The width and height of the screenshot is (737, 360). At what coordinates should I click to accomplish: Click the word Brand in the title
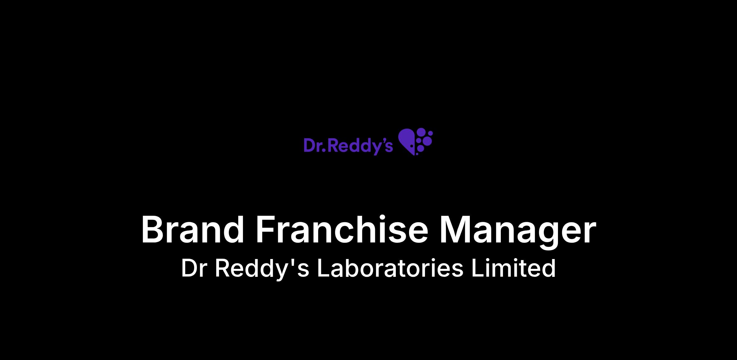pyautogui.click(x=193, y=230)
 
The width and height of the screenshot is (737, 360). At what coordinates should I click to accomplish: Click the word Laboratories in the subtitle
pyautogui.click(x=390, y=268)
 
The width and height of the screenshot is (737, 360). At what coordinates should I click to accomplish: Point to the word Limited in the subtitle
pyautogui.click(x=514, y=268)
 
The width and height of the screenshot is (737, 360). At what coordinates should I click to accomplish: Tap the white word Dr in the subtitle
pyautogui.click(x=193, y=268)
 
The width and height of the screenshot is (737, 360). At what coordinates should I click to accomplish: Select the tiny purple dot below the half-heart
pyautogui.click(x=417, y=153)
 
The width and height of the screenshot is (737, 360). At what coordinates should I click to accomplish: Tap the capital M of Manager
pyautogui.click(x=455, y=230)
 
